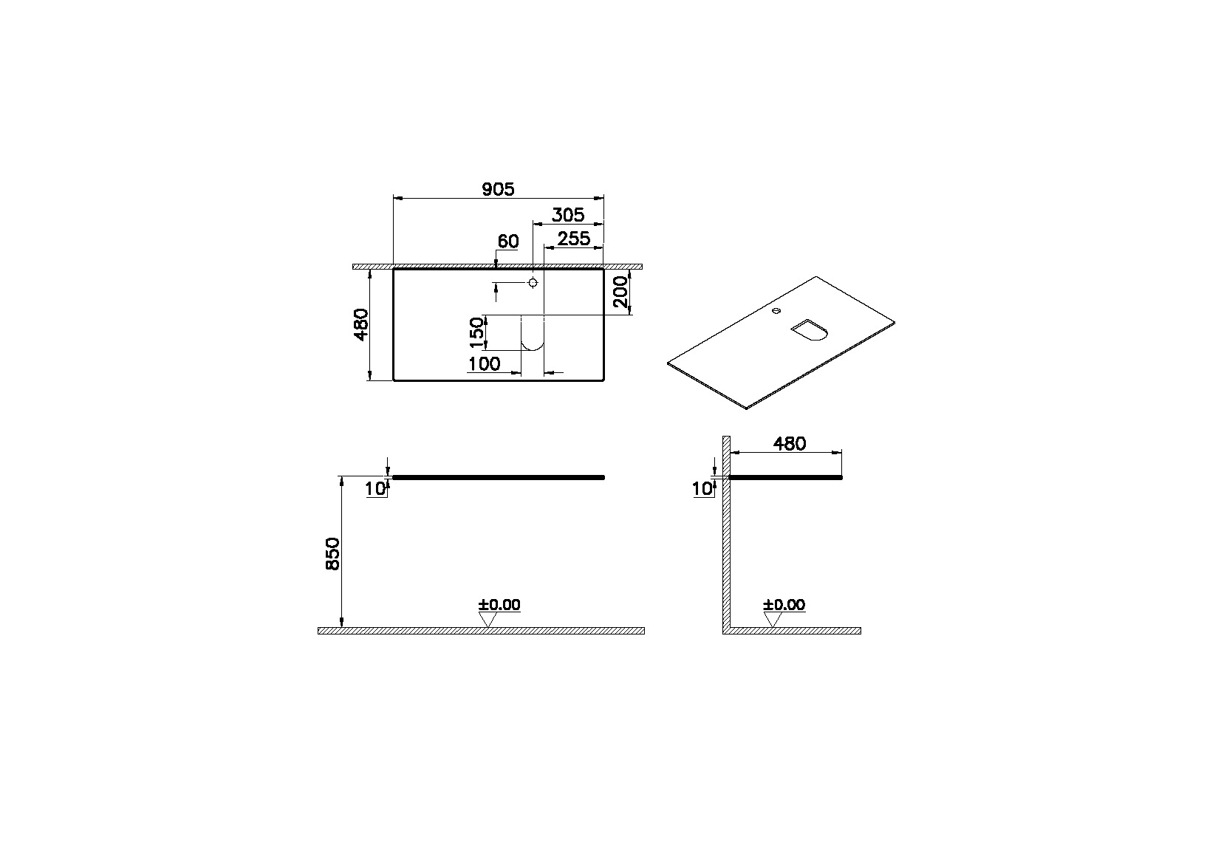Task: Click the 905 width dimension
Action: [x=498, y=189]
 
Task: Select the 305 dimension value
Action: [x=568, y=215]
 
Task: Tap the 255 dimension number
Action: [x=574, y=239]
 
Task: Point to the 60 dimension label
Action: [x=508, y=242]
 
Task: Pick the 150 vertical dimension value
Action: [x=478, y=332]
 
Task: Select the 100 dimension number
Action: [x=484, y=363]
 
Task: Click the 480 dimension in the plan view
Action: [x=361, y=324]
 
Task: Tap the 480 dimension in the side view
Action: [x=789, y=443]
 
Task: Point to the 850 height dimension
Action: [x=332, y=553]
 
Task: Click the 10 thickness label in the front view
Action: [x=375, y=488]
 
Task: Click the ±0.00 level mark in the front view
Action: [x=499, y=605]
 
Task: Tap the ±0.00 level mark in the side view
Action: [x=784, y=605]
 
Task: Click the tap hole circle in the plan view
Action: [x=533, y=283]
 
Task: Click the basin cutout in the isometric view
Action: [x=808, y=330]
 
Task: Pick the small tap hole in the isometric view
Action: [x=776, y=311]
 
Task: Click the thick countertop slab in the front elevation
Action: [x=498, y=478]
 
